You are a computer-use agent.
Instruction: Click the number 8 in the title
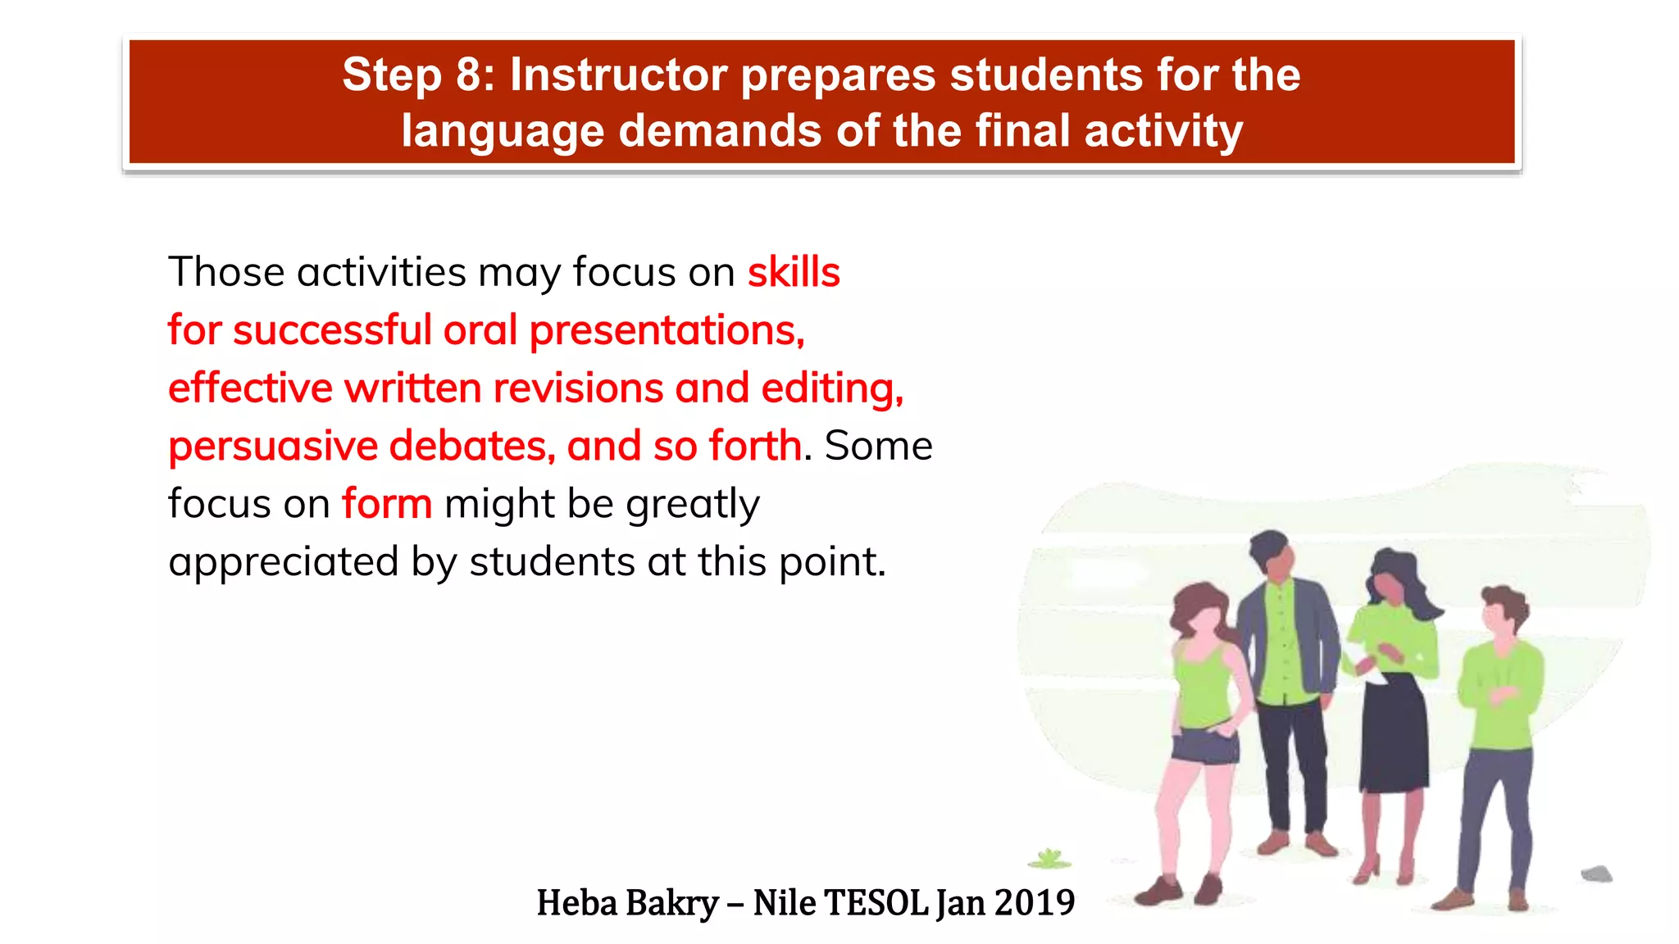[470, 75]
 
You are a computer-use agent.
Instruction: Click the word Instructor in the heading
[618, 75]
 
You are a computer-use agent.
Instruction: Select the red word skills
[793, 272]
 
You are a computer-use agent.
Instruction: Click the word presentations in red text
[666, 331]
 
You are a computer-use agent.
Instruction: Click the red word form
[386, 504]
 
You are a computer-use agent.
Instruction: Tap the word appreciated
[283, 563]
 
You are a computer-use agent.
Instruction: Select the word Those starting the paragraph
[226, 272]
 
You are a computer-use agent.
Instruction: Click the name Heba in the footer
[576, 903]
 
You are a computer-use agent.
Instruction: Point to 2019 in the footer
[1034, 903]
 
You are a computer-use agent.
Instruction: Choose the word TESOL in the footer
[876, 903]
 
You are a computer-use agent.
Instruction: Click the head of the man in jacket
[1272, 556]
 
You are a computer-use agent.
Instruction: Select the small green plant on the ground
[1049, 860]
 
